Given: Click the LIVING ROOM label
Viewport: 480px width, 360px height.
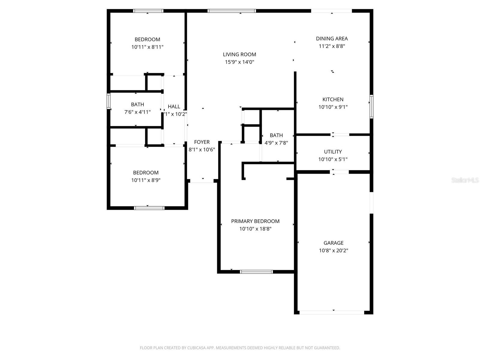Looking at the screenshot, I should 239,54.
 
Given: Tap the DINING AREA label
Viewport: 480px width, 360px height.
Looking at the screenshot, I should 332,38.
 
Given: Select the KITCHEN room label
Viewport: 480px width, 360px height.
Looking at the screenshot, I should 333,99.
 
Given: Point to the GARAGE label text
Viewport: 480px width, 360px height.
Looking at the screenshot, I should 333,243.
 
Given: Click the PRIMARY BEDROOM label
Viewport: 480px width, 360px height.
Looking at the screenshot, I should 255,221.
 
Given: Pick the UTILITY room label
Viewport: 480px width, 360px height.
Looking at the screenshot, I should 333,151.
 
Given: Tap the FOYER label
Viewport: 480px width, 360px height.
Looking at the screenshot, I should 202,142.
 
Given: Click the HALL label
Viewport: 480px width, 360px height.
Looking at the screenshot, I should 174,106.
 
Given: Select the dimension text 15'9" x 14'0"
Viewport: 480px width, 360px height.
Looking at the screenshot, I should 239,62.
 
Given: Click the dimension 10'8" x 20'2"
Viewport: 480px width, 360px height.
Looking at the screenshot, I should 333,250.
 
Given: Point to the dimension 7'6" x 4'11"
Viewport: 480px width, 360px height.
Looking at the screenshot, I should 137,112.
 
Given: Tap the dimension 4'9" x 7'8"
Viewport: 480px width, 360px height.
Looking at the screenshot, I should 276,143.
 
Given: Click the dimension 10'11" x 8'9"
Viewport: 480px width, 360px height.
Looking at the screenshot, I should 146,180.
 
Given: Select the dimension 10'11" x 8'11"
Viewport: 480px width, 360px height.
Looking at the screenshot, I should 147,47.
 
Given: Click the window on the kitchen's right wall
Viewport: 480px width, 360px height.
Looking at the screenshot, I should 371,106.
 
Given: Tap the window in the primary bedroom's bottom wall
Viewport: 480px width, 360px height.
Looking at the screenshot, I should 256,272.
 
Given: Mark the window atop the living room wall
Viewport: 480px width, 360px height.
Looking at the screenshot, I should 232,11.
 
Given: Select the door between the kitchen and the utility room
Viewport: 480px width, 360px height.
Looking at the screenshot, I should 340,135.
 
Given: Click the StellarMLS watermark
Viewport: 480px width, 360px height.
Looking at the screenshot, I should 465,180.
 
